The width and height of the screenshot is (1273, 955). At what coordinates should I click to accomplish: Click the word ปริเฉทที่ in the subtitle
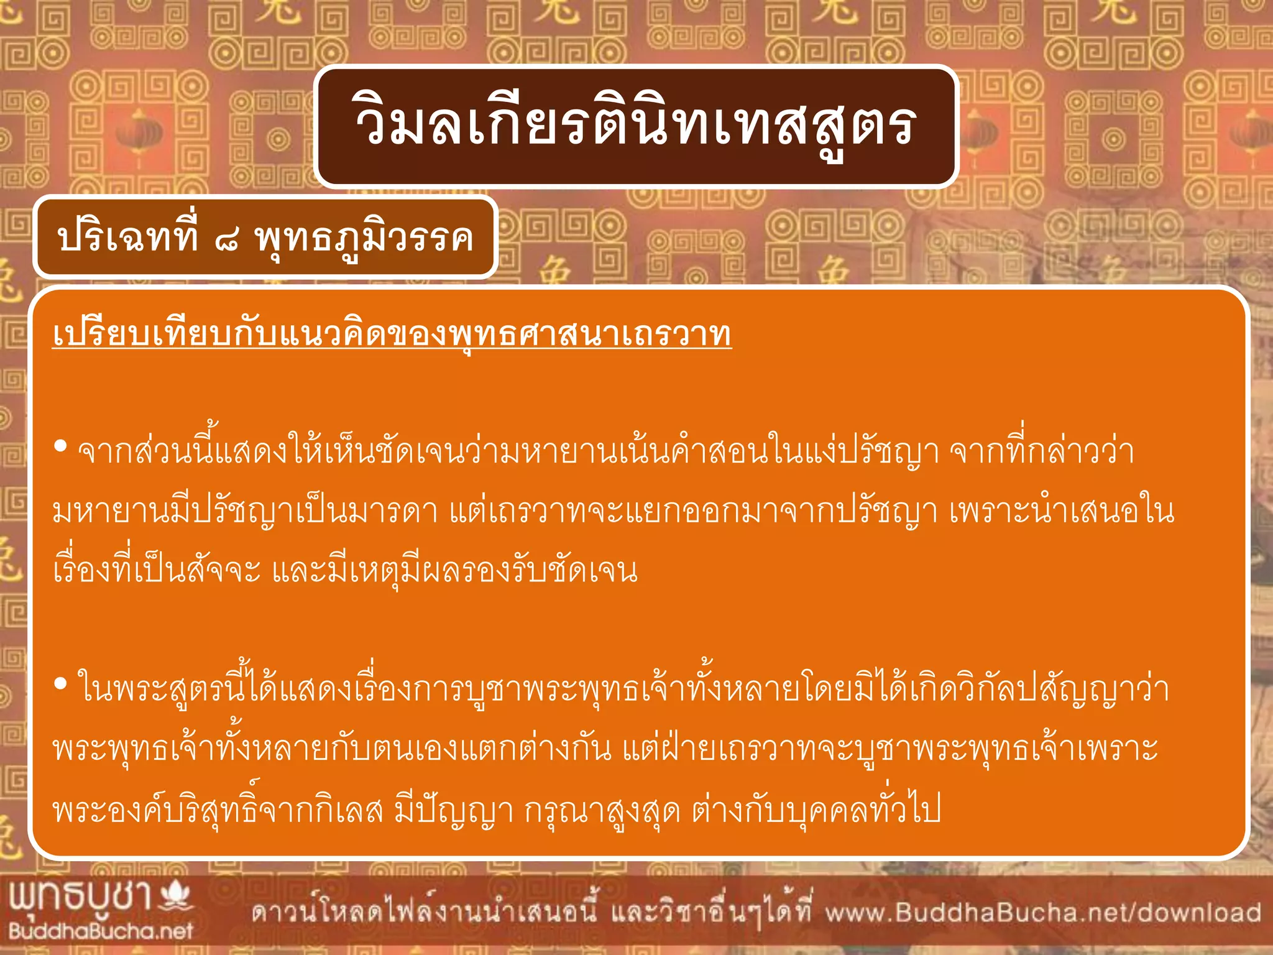point(127,238)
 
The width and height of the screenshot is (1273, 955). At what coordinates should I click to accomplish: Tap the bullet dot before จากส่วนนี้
point(60,446)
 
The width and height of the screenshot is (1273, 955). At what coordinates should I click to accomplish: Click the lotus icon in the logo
point(176,896)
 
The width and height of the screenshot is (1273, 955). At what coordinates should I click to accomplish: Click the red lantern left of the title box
point(138,134)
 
